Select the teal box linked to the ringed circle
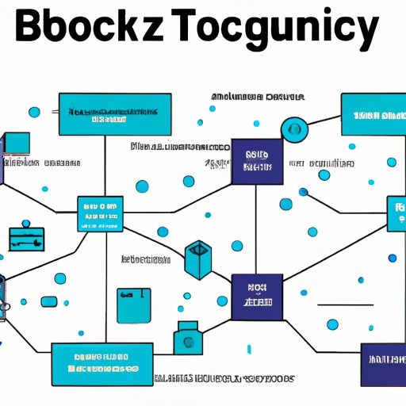pyautogui.click(x=373, y=114)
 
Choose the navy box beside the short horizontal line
pyautogui.click(x=257, y=297)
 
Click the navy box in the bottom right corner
pyautogui.click(x=382, y=364)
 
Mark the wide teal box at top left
pyautogui.click(x=114, y=115)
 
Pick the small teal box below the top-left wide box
pyautogui.click(x=101, y=214)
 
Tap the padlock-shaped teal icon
pyautogui.click(x=187, y=336)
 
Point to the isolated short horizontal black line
pyautogui.click(x=344, y=304)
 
